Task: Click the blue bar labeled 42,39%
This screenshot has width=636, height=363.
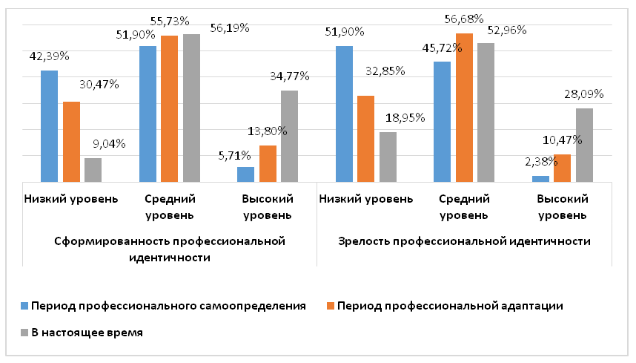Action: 49,126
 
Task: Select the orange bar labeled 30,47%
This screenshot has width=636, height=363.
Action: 71,142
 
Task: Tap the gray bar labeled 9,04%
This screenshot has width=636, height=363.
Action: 93,170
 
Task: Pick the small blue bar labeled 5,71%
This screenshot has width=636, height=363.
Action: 245,174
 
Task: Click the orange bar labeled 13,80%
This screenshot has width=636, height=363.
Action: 268,163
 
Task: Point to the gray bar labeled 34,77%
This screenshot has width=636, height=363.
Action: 290,136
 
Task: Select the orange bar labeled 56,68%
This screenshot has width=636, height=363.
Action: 464,108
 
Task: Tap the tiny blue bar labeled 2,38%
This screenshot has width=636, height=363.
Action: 541,178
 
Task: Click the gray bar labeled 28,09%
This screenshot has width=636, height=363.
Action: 584,145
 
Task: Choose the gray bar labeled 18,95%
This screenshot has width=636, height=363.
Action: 388,157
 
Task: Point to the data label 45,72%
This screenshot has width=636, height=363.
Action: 443,48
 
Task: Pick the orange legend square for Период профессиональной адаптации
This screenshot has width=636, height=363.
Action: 331,305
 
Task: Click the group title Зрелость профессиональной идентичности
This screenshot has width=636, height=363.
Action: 464,241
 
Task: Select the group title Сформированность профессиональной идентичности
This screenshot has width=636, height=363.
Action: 170,249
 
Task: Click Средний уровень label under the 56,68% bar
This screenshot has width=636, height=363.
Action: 463,207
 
